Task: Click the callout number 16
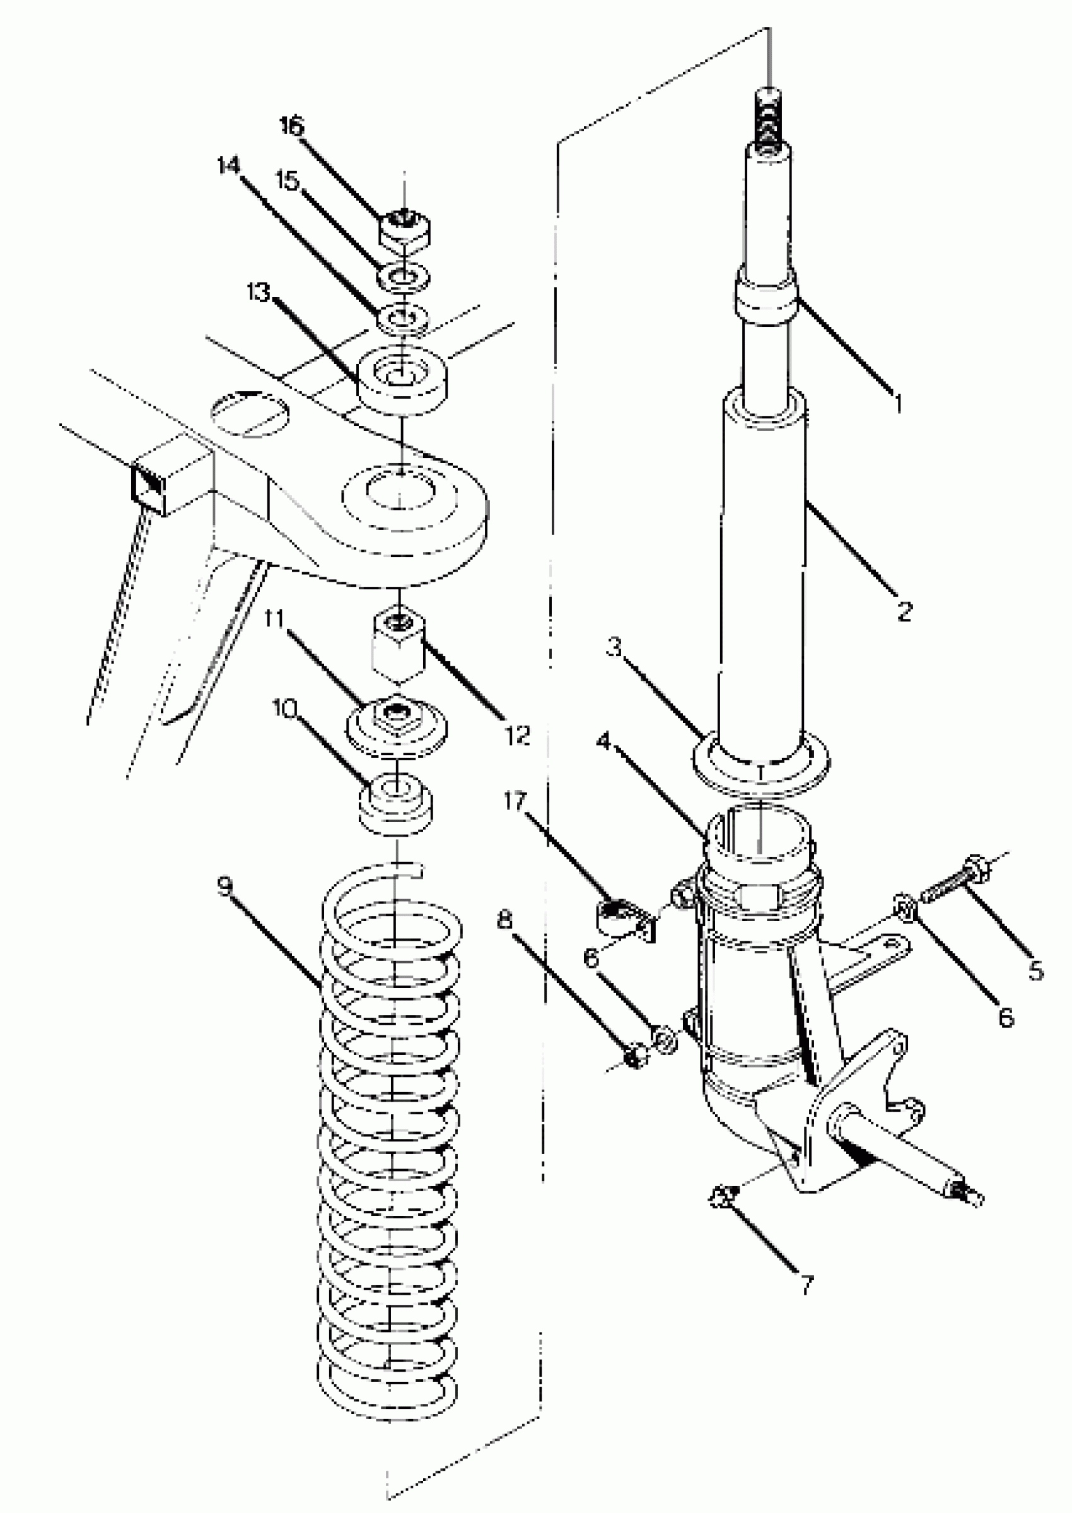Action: (291, 126)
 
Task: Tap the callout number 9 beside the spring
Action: (226, 887)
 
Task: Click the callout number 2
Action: (904, 611)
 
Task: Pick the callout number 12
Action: (518, 734)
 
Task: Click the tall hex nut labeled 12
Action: (399, 649)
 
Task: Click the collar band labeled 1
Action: (766, 302)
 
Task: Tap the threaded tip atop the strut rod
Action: (767, 119)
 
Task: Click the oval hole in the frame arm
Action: (250, 413)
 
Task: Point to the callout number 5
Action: (1035, 970)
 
